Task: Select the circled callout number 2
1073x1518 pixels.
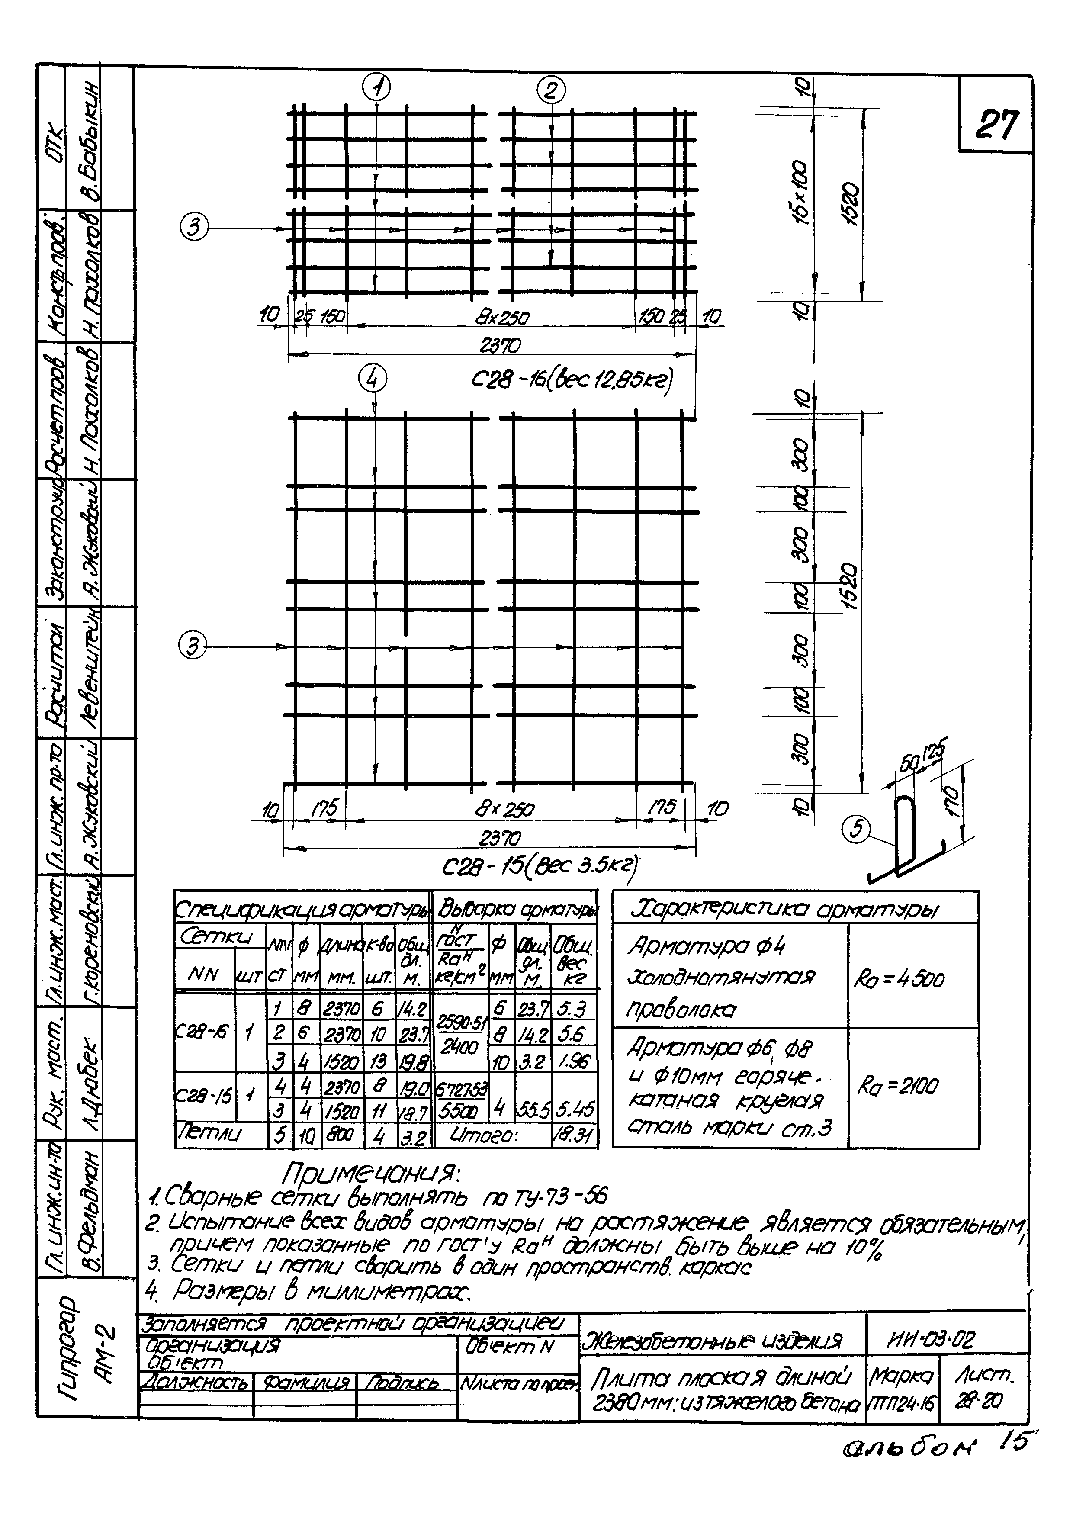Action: coord(551,90)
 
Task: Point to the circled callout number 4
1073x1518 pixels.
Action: coord(372,380)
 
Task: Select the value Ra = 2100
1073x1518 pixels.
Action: coord(897,1086)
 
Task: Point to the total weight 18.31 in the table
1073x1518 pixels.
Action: coord(573,1136)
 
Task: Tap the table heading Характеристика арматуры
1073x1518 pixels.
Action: coord(784,911)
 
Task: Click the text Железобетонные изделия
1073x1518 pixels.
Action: coord(711,1341)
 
